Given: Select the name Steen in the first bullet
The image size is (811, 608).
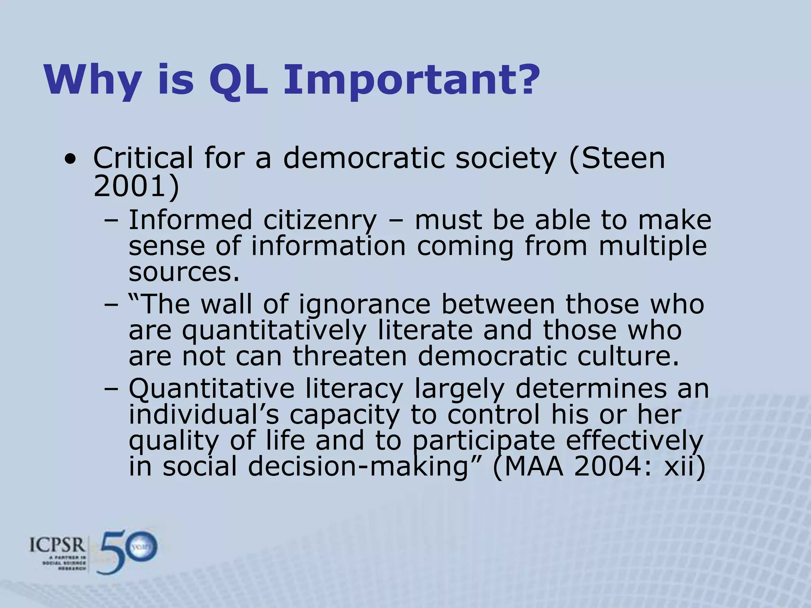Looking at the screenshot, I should coord(623,158).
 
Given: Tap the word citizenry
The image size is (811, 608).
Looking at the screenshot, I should coord(320,220).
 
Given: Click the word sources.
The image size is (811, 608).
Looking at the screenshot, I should coord(184,272).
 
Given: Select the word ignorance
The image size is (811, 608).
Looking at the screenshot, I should coord(364,305).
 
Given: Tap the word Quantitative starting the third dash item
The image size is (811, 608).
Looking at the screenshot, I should coord(211,389).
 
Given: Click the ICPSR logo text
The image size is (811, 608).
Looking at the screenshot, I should coord(57,546).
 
